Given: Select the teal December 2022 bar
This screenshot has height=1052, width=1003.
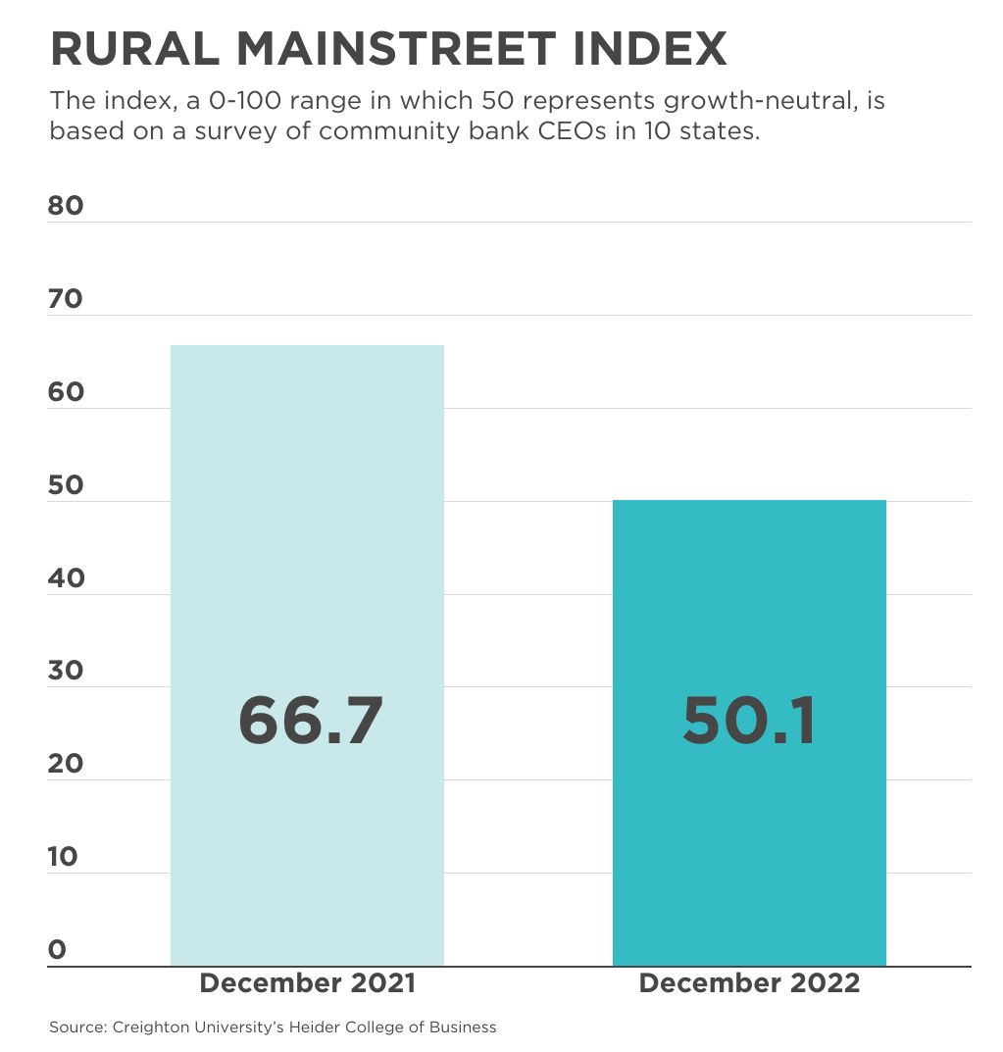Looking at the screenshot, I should (749, 608).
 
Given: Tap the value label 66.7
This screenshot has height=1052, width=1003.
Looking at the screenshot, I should (310, 721).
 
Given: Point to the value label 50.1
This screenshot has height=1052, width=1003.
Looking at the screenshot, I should (749, 721).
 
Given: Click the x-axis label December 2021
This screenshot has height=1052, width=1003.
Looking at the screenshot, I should (308, 983).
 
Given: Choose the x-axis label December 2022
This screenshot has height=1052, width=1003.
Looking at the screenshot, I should (749, 983).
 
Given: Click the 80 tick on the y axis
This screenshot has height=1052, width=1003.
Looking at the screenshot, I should (66, 206).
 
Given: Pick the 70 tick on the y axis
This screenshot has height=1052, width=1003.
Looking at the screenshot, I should (66, 299).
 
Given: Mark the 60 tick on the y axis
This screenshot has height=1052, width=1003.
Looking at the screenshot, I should (66, 392).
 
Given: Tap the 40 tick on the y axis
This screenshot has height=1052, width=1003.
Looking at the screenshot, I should (66, 578).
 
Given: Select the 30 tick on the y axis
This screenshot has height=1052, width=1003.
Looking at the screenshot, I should (66, 671).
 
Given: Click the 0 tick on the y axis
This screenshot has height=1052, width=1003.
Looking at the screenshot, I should (57, 949).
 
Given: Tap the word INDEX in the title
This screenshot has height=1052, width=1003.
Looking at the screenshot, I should (664, 49).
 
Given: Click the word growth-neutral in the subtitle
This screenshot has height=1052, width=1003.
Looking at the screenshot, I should (770, 101).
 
